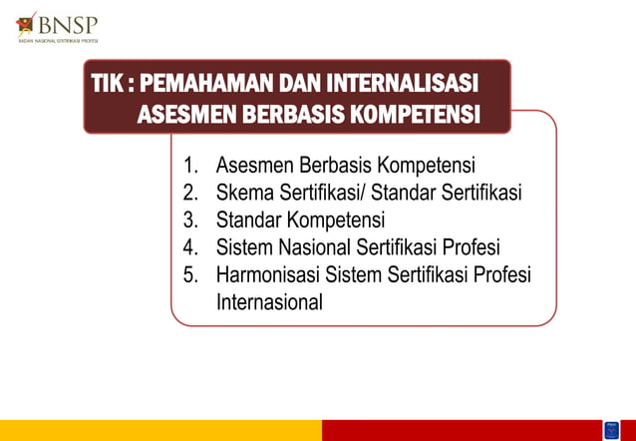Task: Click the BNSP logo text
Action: pyautogui.click(x=68, y=22)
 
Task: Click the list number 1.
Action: pyautogui.click(x=189, y=165)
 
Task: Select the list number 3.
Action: pyautogui.click(x=189, y=220)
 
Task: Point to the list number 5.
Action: pyautogui.click(x=189, y=275)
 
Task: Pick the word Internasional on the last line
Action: pyautogui.click(x=269, y=302)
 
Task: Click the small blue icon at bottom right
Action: pyautogui.click(x=611, y=430)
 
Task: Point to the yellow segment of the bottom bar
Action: pyautogui.click(x=159, y=430)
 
